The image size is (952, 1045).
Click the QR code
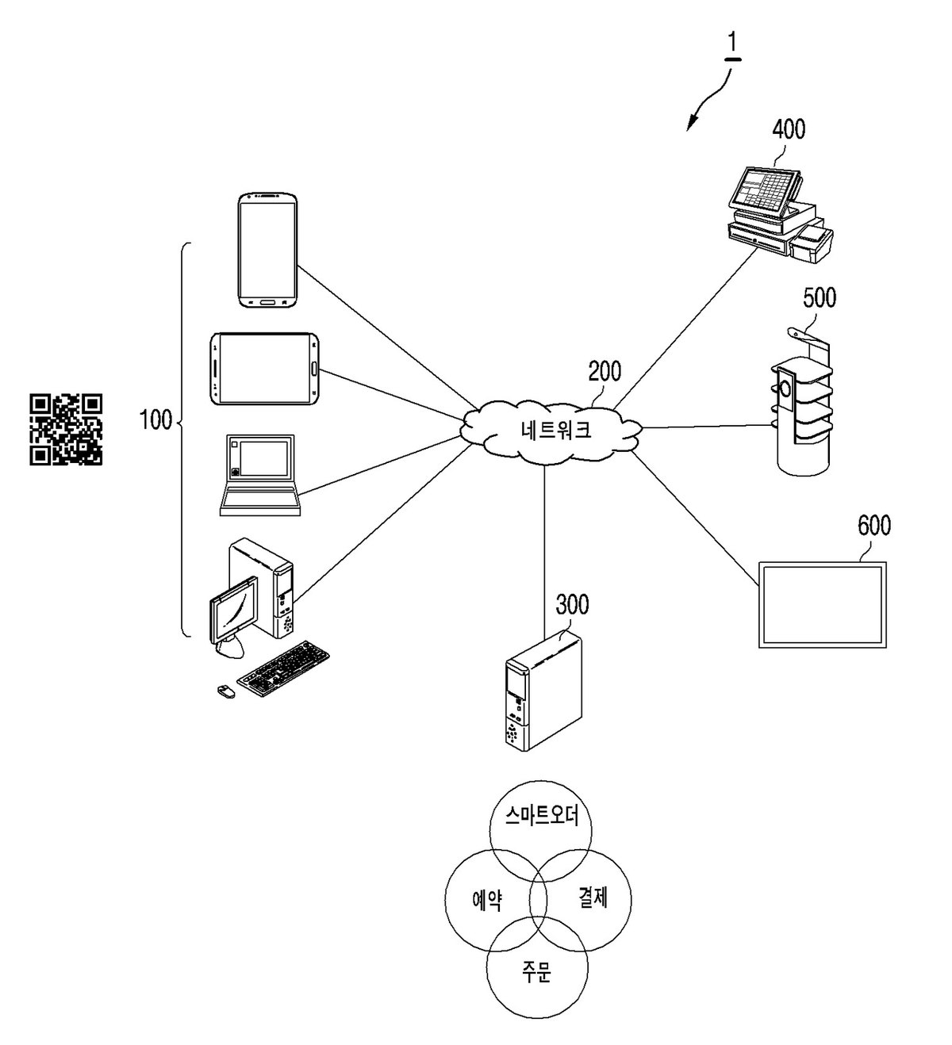click(66, 429)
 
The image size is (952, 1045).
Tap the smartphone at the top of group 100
click(268, 250)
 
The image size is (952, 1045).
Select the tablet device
click(264, 369)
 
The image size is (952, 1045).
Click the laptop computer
click(260, 475)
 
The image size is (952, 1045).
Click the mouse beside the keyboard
click(226, 691)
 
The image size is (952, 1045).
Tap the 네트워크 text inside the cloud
click(556, 431)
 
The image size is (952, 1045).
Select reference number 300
click(572, 604)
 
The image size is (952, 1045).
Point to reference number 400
click(789, 130)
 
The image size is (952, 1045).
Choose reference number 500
click(819, 298)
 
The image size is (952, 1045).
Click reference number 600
click(874, 526)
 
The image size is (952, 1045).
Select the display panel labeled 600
click(822, 604)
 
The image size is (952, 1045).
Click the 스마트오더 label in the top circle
click(542, 816)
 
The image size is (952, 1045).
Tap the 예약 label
click(487, 899)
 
